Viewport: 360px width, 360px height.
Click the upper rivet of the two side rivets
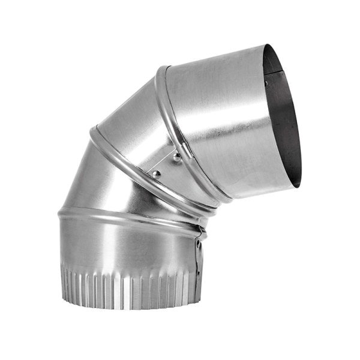coord(176,158)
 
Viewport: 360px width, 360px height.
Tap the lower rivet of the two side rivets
coord(156,174)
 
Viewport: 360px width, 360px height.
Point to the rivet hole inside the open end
coord(265,83)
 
